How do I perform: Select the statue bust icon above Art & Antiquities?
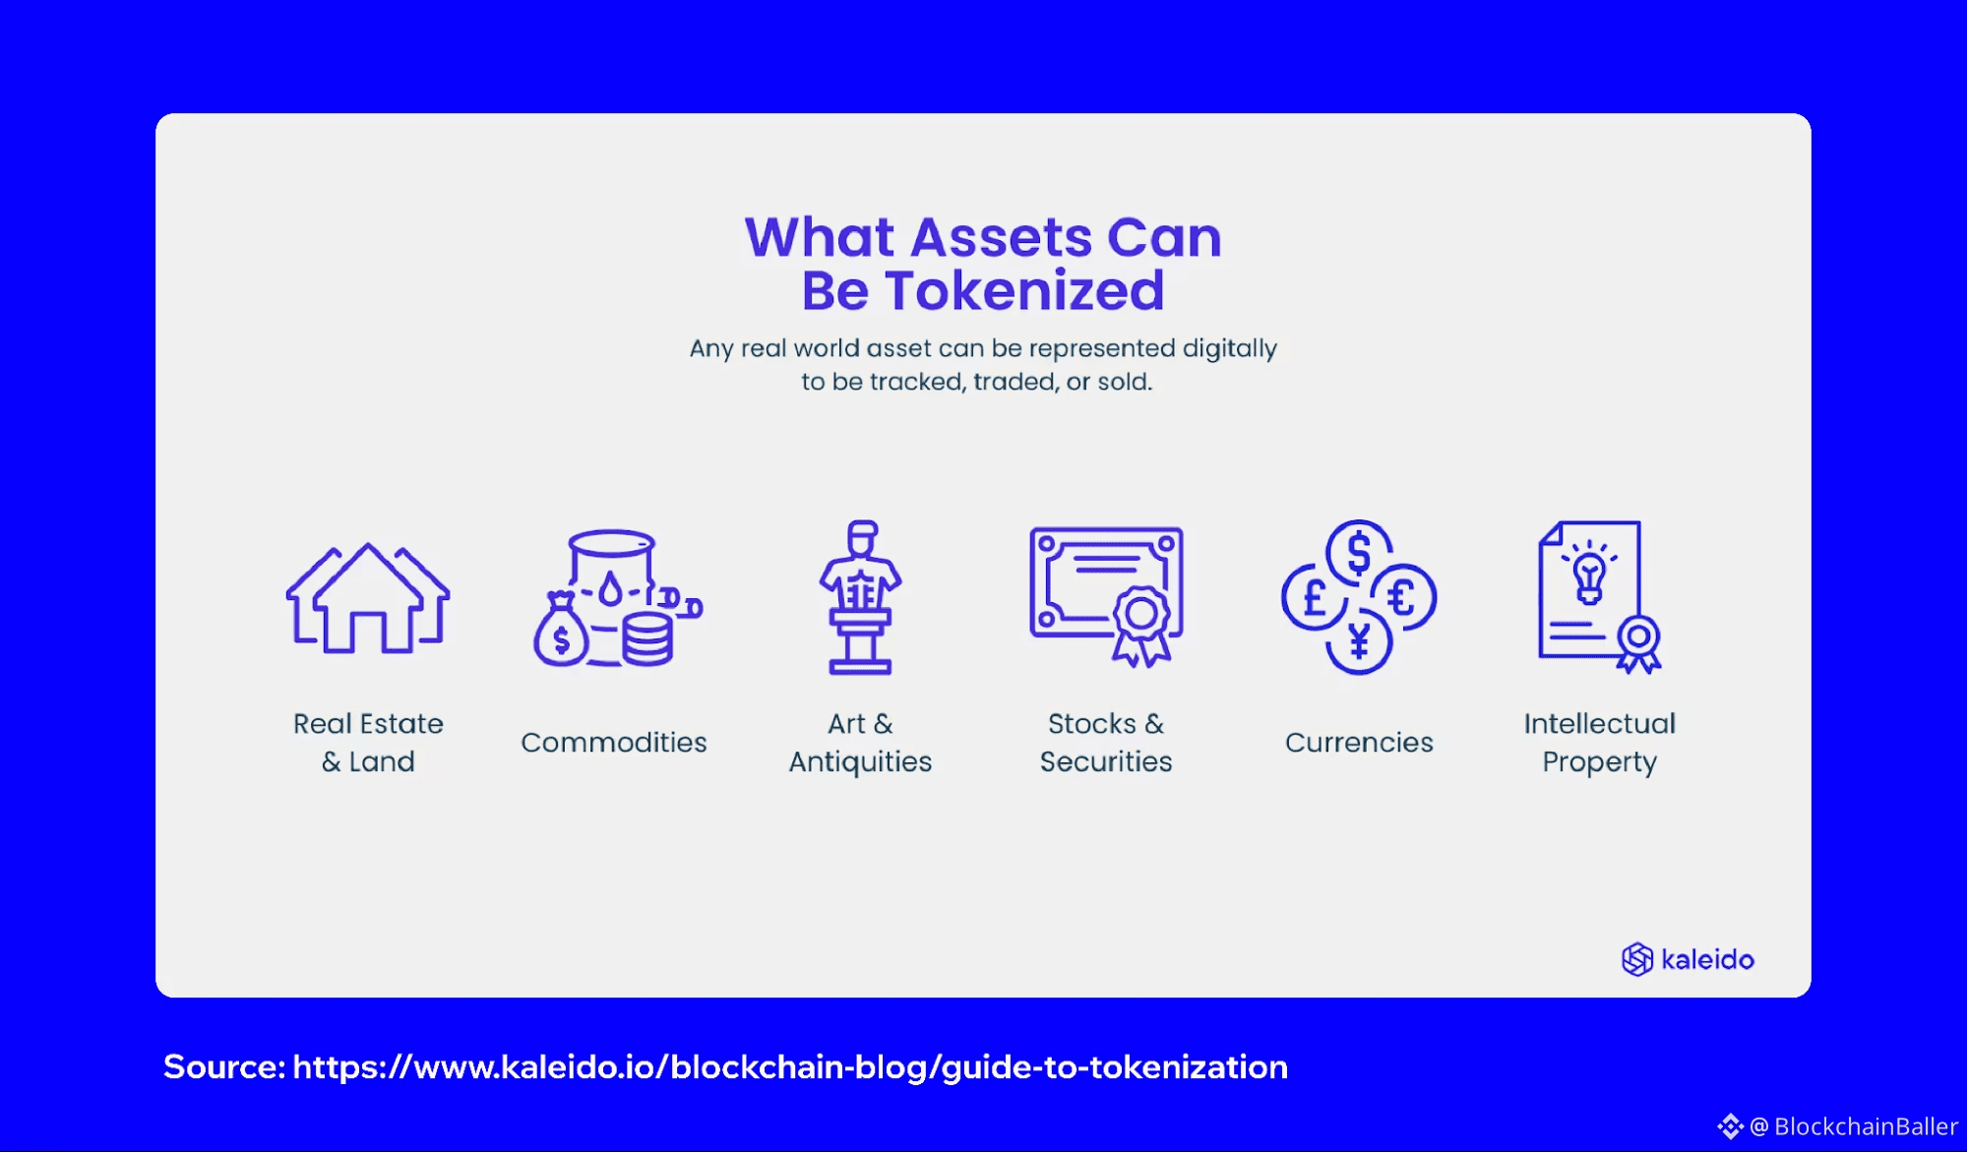coord(860,597)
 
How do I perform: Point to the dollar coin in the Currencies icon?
coord(1359,553)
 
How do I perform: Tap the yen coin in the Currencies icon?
coord(1359,642)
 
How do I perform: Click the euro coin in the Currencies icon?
coord(1404,597)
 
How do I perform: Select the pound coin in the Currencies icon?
coord(1314,597)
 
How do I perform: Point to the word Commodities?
coord(614,742)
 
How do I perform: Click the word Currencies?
coord(1359,742)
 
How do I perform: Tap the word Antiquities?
coord(860,761)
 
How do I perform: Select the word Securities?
coord(1106,761)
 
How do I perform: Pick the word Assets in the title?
coord(1002,238)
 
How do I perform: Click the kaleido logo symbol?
coord(1637,959)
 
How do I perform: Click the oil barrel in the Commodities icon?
coord(612,575)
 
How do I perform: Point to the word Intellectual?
coord(1600,723)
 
